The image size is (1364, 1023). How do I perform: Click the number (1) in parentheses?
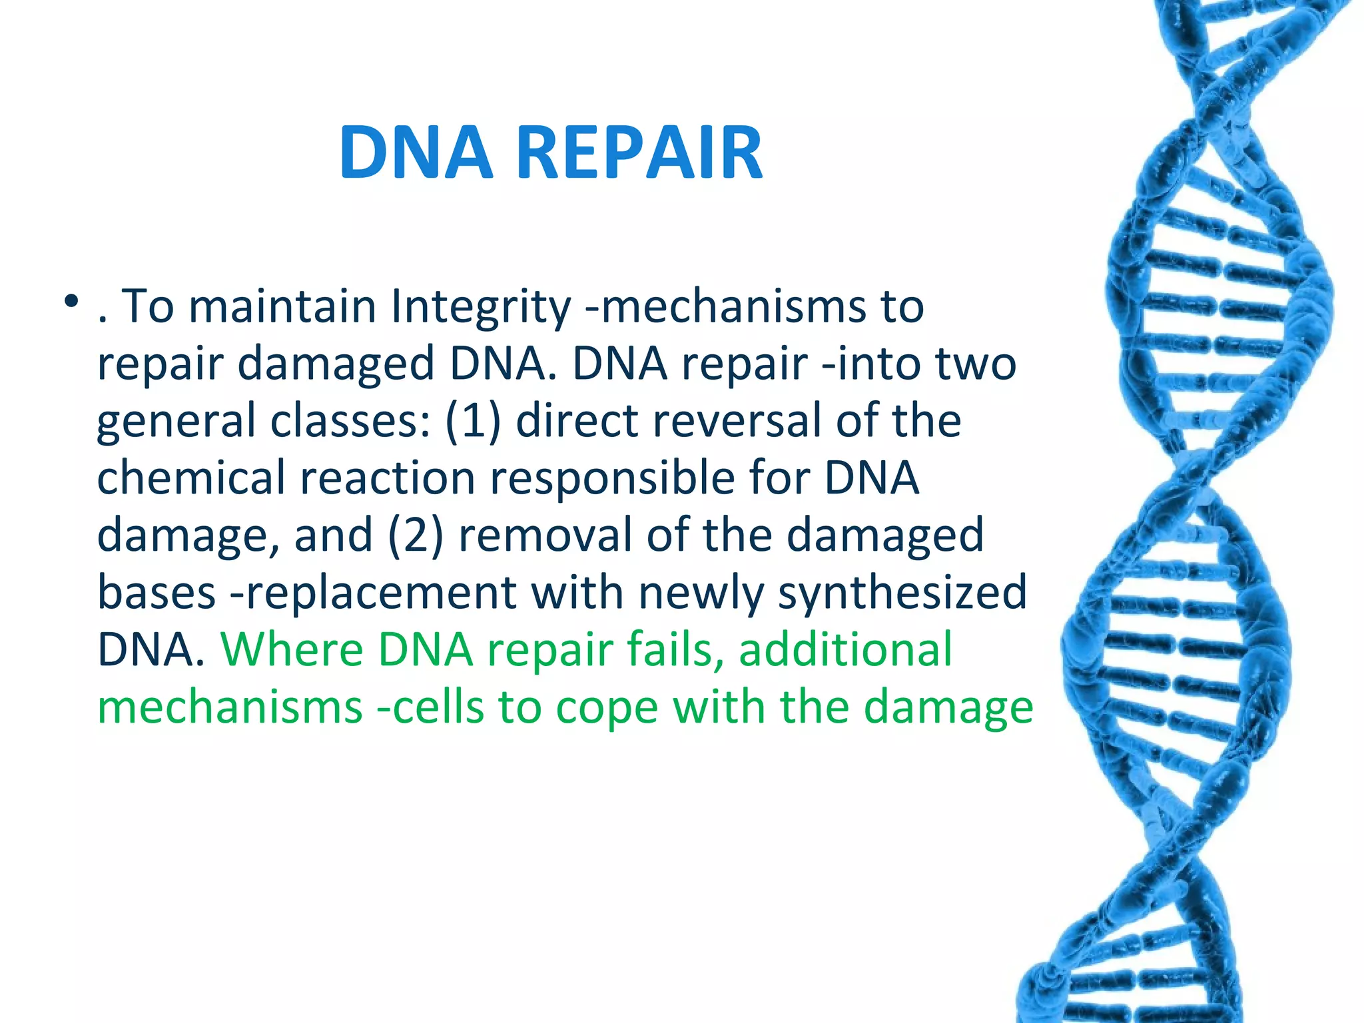point(473,422)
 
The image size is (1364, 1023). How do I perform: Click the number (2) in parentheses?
point(415,536)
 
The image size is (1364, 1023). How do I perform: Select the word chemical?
point(190,478)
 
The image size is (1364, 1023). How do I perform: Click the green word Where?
point(292,650)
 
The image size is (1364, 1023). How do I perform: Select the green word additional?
point(845,650)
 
